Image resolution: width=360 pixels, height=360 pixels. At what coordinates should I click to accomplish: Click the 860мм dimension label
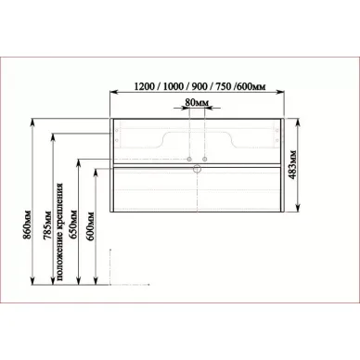(27, 225)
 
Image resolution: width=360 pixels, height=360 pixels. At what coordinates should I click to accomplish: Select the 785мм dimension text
(47, 225)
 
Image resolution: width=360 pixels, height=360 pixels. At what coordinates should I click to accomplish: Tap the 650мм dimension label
(73, 225)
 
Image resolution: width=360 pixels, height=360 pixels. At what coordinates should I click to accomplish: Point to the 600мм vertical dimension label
(91, 226)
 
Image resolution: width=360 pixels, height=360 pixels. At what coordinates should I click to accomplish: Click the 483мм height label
(292, 164)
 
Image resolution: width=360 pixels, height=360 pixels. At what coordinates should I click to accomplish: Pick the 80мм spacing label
(197, 102)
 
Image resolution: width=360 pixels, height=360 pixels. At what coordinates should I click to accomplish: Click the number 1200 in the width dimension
(144, 86)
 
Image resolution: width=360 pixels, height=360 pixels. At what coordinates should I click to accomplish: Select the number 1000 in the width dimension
(174, 86)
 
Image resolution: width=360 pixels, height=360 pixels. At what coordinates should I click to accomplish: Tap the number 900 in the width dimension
(199, 86)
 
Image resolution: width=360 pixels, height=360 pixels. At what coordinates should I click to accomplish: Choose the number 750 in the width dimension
(224, 86)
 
